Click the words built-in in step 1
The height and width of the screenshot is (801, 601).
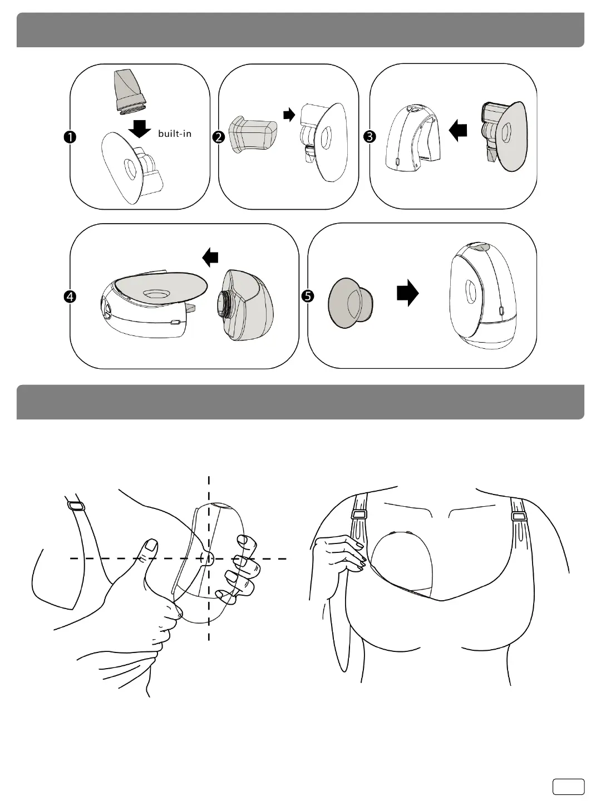pos(174,134)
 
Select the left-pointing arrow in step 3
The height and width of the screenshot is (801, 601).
pos(458,131)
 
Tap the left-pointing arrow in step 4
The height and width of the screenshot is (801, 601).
pos(210,257)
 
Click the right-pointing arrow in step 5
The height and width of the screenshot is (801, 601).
pos(407,293)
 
